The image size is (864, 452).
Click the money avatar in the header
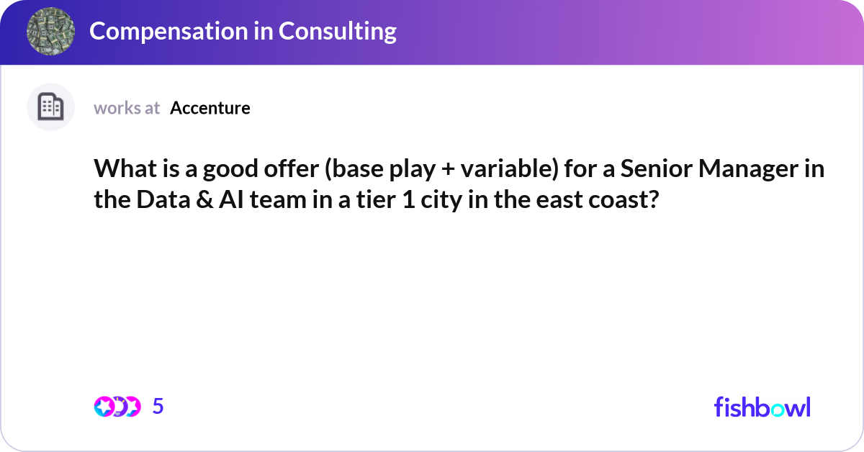pos(51,32)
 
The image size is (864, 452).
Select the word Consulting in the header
pos(338,31)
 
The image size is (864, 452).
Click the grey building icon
pos(50,107)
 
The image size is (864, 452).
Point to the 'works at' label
pos(127,108)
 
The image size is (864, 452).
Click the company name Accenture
pos(210,108)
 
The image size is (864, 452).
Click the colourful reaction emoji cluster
pos(117,407)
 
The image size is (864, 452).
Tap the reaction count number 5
pos(158,407)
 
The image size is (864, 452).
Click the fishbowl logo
pos(762,407)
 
